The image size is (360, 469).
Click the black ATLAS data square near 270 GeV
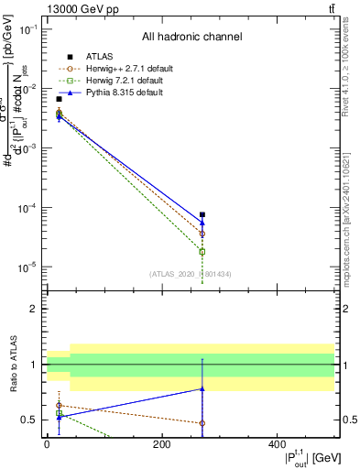(202, 215)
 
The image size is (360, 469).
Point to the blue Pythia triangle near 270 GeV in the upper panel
(202, 223)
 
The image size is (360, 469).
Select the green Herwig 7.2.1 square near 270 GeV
(202, 251)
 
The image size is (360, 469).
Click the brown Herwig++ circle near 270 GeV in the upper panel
(202, 234)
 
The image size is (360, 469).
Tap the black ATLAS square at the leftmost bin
(59, 99)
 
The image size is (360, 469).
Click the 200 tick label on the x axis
(161, 444)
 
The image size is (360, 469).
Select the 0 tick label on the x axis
(47, 444)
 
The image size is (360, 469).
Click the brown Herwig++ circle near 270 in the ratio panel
(202, 423)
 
